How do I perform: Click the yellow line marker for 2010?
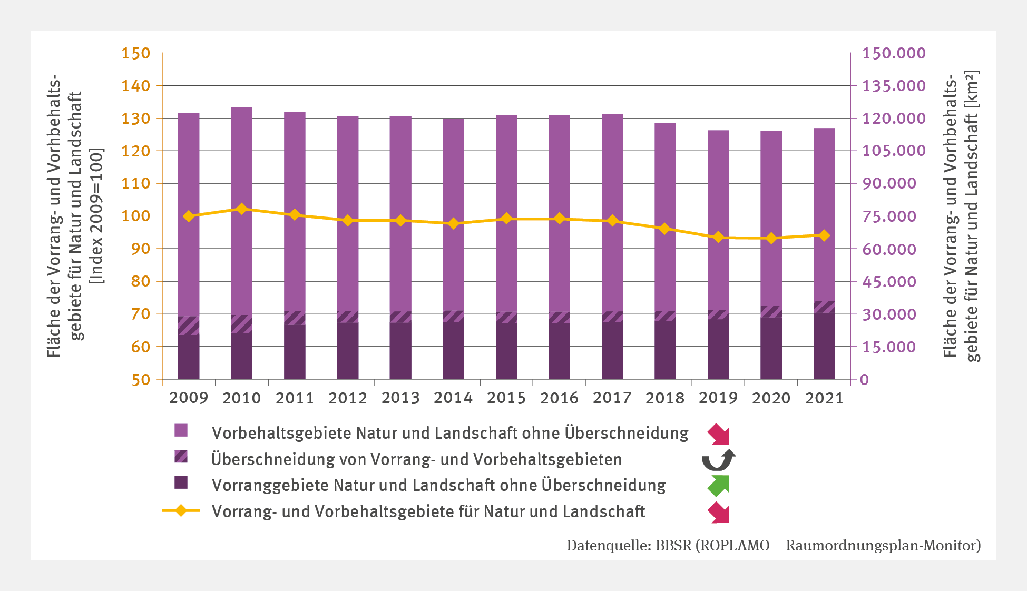point(242,209)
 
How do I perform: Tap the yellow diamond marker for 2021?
point(825,235)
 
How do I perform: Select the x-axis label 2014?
point(453,398)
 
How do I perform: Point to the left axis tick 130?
point(136,119)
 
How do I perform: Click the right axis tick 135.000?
point(894,86)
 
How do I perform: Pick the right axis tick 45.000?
point(889,282)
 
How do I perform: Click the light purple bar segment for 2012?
point(348,211)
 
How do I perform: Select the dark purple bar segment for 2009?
point(189,357)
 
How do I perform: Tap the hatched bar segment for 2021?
point(824,307)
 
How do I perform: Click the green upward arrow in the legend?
point(719,486)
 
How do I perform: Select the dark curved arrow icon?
point(718,460)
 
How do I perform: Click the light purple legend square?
point(181,431)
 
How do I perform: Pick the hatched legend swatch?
point(181,457)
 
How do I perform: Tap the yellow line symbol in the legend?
point(181,510)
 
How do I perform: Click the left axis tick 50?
point(141,380)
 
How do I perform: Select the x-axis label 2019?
point(718,398)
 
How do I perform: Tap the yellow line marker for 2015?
point(506,219)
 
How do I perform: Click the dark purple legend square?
point(181,483)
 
